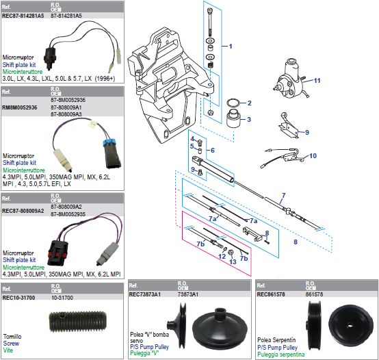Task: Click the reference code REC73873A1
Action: pos(145,294)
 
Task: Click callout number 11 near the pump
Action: pos(317,80)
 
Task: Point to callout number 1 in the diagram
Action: pos(231,47)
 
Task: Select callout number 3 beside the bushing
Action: pos(249,119)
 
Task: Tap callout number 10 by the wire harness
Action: pos(313,155)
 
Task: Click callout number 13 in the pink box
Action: pos(233,261)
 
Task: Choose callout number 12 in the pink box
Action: pos(222,257)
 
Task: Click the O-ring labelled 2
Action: pos(233,104)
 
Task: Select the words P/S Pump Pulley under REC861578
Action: pos(276,347)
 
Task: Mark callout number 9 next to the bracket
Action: pos(306,131)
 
